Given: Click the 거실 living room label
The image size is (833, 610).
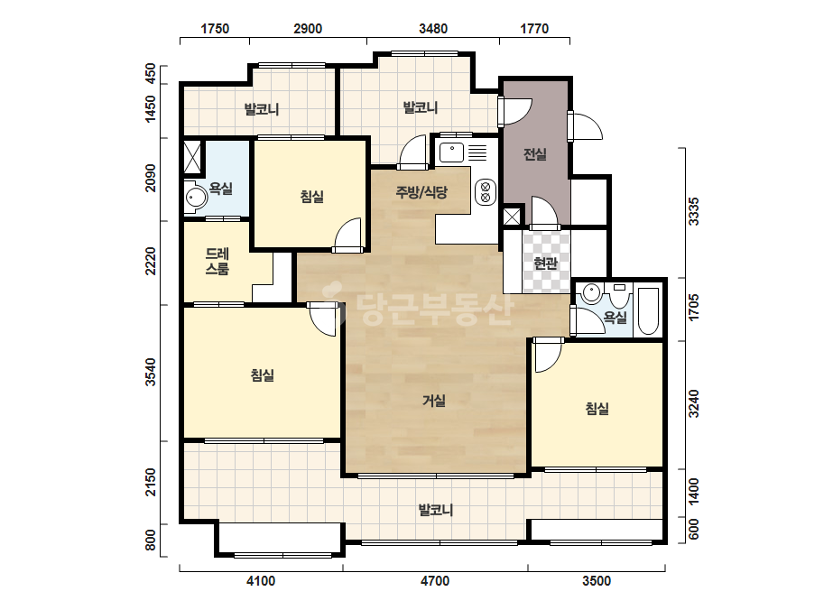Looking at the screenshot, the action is point(433,400).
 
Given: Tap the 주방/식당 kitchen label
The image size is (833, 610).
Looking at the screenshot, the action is point(421,192).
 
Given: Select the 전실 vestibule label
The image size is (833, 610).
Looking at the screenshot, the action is point(535,154).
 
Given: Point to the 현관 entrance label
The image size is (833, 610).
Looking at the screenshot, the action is point(546,263).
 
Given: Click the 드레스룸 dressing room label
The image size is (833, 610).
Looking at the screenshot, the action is point(218,262).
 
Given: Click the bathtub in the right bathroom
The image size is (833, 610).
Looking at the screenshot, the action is point(648,311).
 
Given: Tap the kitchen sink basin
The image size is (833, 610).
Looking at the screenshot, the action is point(452,152).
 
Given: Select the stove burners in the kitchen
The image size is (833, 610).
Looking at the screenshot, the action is point(485,192).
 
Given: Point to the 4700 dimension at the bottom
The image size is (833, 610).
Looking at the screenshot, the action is point(435,581).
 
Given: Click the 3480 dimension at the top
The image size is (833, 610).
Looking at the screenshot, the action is point(433,29).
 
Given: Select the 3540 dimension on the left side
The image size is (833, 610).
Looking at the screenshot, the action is point(152,373).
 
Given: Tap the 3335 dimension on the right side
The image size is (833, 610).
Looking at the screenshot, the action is point(694,211).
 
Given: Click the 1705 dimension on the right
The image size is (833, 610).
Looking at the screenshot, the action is point(694,307).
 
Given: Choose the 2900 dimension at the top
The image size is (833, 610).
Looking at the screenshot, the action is point(308,29).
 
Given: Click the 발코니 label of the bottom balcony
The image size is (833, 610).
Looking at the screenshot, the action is point(436,510).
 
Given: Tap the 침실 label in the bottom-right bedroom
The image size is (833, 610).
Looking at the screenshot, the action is point(597,409).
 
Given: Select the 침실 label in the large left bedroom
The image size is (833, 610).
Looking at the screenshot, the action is point(263,375).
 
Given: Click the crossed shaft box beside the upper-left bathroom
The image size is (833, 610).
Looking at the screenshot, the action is point(192,157).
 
